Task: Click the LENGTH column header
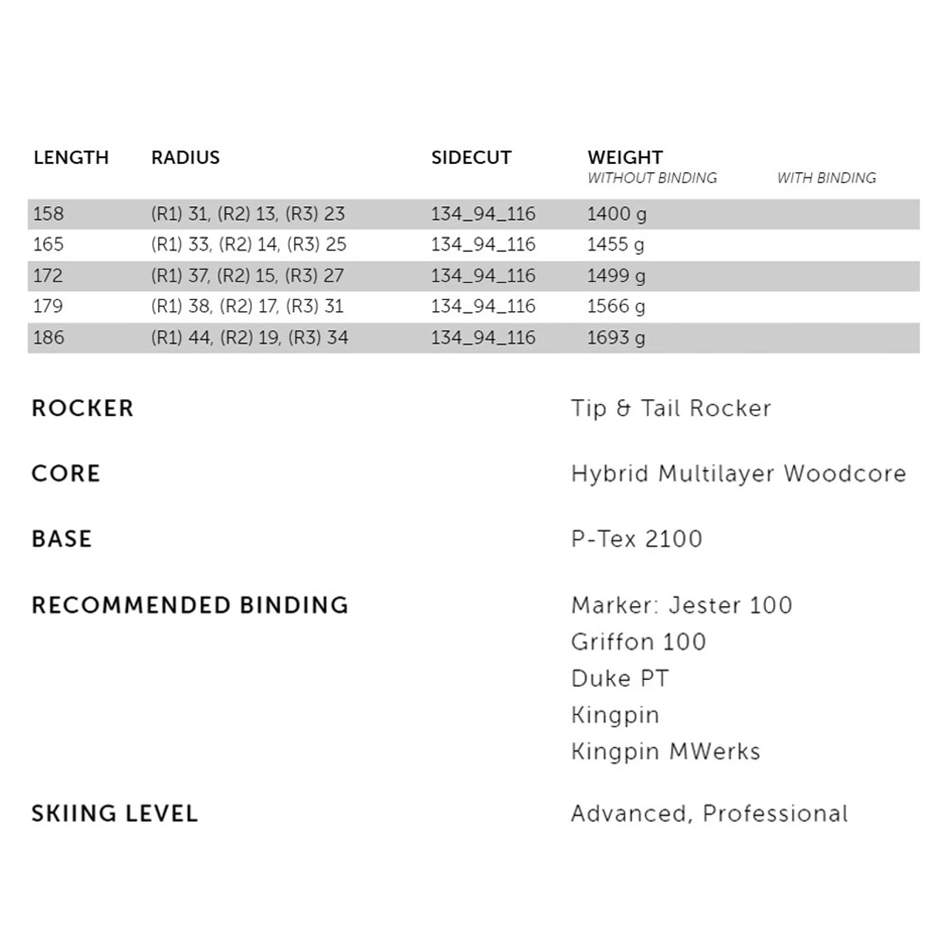pyautogui.click(x=71, y=157)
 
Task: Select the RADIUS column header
pyautogui.click(x=186, y=157)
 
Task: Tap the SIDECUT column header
pyautogui.click(x=472, y=157)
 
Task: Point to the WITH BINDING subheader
pyautogui.click(x=826, y=178)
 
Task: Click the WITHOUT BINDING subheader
pyautogui.click(x=652, y=178)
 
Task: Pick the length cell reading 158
pyautogui.click(x=49, y=214)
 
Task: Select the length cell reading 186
pyautogui.click(x=49, y=338)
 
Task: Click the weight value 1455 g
pyautogui.click(x=616, y=245)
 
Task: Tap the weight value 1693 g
pyautogui.click(x=616, y=338)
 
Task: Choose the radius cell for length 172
pyautogui.click(x=248, y=276)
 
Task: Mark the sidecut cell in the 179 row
pyautogui.click(x=483, y=307)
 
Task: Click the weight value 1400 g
pyautogui.click(x=616, y=214)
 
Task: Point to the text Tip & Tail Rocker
pyautogui.click(x=671, y=408)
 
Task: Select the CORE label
pyautogui.click(x=66, y=474)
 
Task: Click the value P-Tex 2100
pyautogui.click(x=636, y=539)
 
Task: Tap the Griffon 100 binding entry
pyautogui.click(x=639, y=642)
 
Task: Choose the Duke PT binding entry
pyautogui.click(x=620, y=678)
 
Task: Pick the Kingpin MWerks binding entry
pyautogui.click(x=665, y=752)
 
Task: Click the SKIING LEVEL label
pyautogui.click(x=115, y=814)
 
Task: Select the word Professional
pyautogui.click(x=775, y=814)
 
